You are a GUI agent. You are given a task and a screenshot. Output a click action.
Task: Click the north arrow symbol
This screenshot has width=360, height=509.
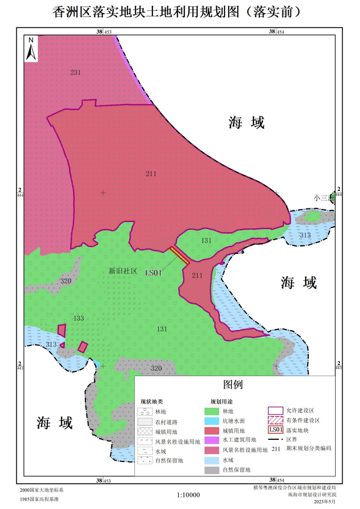coord(31,49)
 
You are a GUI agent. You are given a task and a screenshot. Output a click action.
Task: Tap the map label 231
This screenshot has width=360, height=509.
coord(76,72)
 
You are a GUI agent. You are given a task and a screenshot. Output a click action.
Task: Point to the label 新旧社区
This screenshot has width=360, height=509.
coord(123,271)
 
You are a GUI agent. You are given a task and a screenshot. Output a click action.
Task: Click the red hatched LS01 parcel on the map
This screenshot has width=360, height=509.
coord(180,255)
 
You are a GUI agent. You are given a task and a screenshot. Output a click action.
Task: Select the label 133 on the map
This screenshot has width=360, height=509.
coord(79,318)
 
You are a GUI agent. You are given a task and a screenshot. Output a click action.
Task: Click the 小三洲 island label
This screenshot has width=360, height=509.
coord(321,198)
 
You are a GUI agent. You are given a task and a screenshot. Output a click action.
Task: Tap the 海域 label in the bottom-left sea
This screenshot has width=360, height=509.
coord(54,422)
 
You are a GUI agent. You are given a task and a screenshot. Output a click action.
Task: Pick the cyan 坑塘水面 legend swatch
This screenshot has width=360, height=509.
coord(212,421)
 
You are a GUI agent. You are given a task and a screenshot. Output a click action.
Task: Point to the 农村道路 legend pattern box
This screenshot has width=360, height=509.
coord(144,421)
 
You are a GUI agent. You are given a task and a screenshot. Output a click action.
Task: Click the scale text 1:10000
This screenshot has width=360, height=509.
coord(189,495)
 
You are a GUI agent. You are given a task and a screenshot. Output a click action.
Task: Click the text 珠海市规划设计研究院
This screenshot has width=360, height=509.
coord(311,495)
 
